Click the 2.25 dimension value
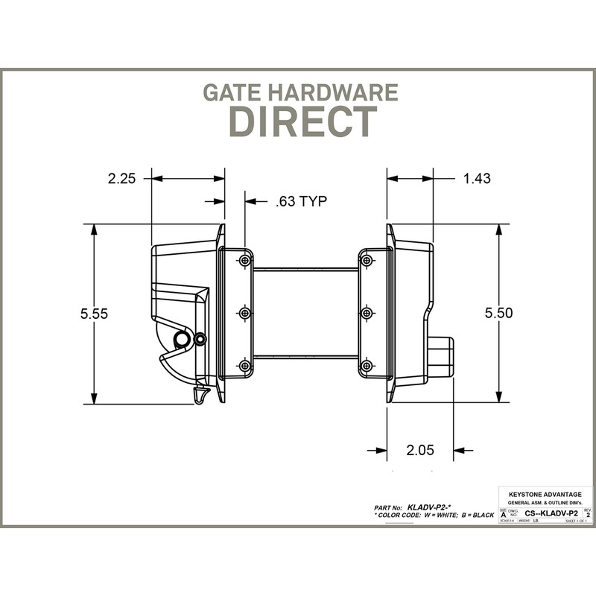(122, 179)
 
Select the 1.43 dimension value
(477, 178)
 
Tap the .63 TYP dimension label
(301, 201)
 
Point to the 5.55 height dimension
(95, 314)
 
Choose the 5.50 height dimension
(498, 314)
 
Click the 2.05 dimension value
(420, 450)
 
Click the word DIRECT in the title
(302, 121)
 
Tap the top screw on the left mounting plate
(244, 261)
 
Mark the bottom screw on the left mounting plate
(244, 366)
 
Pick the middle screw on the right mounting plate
(366, 314)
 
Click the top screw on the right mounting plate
(366, 261)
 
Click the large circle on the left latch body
(181, 340)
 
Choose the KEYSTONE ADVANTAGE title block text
(545, 495)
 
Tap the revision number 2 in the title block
(589, 515)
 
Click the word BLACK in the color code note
(480, 515)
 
